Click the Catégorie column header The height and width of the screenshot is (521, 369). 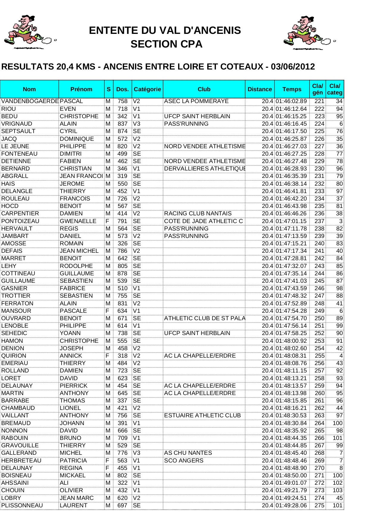[x=147, y=89]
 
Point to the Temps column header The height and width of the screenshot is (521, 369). [x=292, y=89]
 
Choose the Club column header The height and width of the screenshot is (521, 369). [x=204, y=89]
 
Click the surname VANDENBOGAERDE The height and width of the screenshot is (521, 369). [x=30, y=101]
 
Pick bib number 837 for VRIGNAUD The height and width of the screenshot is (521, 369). [x=122, y=124]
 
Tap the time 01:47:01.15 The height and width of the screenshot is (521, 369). [x=291, y=221]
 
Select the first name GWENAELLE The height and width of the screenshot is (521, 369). [x=78, y=221]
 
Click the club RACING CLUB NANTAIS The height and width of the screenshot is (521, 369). [x=198, y=214]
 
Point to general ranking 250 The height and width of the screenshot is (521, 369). [x=319, y=318]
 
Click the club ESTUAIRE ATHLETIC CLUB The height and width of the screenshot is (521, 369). [x=202, y=415]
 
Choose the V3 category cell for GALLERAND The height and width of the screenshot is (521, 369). [x=136, y=453]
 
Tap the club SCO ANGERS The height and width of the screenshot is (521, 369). [x=184, y=460]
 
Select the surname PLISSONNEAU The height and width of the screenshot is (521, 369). [x=22, y=505]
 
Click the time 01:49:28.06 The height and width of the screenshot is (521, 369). [x=291, y=505]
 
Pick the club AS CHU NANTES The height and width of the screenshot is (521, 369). [x=188, y=453]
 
